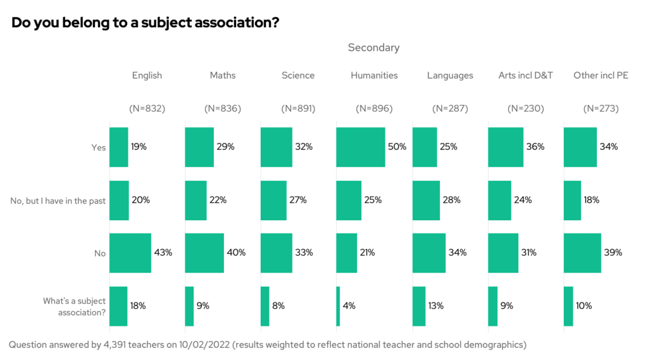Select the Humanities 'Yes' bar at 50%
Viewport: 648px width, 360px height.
[361, 147]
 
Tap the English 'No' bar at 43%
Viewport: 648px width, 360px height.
[130, 252]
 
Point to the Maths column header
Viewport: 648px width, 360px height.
[223, 75]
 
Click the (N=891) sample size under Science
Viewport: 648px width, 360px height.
[298, 108]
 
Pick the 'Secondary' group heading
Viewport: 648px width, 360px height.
[373, 47]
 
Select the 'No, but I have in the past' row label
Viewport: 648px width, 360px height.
[58, 201]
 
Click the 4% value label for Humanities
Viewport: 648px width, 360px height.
[349, 306]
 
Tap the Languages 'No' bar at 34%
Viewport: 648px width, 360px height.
[429, 252]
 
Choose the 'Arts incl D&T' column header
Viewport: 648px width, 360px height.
[526, 75]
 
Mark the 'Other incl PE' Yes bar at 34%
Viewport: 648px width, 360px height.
[580, 147]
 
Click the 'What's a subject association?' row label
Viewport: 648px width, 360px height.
[74, 306]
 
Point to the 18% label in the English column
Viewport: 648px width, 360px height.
[138, 306]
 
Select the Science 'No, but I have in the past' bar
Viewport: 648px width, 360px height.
[273, 200]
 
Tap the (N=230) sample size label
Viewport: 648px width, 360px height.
[525, 108]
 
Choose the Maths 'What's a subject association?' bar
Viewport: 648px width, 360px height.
[189, 306]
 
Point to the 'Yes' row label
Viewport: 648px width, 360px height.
[98, 147]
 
